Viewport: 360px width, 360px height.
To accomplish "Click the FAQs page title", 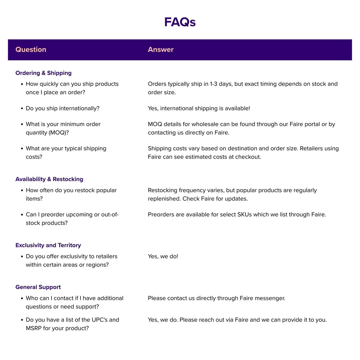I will coord(180,22).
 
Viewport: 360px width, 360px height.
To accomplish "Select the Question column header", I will coord(31,50).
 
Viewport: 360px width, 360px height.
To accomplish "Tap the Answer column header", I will coord(161,50).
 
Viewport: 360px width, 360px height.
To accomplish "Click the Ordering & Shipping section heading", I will coord(44,73).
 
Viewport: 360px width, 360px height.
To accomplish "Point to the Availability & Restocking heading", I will coord(49,179).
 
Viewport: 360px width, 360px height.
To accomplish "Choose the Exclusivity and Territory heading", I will coord(48,245).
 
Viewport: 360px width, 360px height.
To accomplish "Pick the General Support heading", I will coord(38,287).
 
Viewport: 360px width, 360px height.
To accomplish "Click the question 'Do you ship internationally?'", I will coord(63,108).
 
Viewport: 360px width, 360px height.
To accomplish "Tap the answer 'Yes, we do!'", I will coord(163,256).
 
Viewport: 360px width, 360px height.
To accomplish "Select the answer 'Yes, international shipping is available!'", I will coord(199,108).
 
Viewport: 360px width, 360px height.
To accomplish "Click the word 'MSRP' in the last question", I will coord(34,328).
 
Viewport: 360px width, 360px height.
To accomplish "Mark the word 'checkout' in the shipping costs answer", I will coord(248,157).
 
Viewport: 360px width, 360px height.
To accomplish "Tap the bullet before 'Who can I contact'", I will coord(22,298).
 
